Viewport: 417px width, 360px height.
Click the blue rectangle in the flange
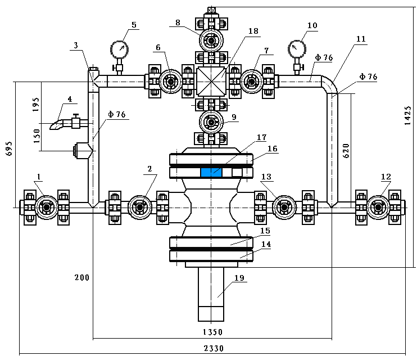click(x=211, y=172)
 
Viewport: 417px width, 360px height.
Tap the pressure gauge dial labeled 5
click(x=119, y=49)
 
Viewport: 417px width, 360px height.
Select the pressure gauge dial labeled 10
click(x=297, y=49)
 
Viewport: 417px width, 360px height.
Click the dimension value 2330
click(x=214, y=348)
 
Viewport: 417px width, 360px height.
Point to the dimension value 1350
click(x=213, y=332)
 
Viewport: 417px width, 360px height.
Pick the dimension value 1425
click(x=407, y=115)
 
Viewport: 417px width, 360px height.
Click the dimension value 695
click(x=9, y=148)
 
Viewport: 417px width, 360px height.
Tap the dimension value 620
click(x=346, y=151)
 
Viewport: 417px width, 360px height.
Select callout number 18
click(x=253, y=31)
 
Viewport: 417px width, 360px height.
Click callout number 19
click(x=239, y=278)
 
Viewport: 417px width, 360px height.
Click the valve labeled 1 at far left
click(x=47, y=207)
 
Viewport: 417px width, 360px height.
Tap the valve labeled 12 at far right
click(x=378, y=207)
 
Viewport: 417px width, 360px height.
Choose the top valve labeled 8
click(x=211, y=40)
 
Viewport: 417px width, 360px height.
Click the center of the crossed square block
click(x=211, y=82)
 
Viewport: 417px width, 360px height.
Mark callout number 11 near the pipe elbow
click(x=361, y=39)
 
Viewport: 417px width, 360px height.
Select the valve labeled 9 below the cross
click(x=211, y=122)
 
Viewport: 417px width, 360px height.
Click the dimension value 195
click(x=36, y=105)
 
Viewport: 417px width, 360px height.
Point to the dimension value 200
click(x=82, y=277)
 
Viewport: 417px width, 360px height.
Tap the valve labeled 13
click(x=284, y=207)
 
